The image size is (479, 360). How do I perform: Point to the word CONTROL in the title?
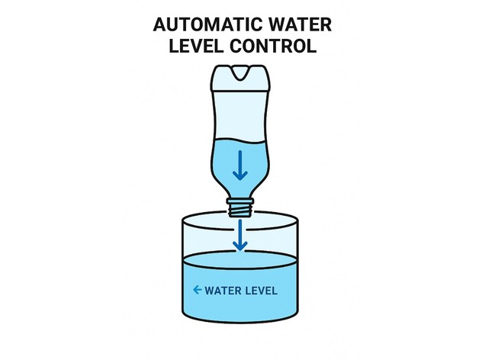pos(275,45)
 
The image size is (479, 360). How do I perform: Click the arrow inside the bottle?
pos(240,164)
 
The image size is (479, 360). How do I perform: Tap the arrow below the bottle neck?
pos(240,235)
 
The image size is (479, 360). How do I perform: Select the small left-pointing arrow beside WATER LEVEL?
pos(198,290)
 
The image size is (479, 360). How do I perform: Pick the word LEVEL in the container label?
pos(261,291)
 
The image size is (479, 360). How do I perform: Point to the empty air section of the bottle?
pos(239,118)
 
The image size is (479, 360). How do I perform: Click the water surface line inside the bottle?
pos(239,142)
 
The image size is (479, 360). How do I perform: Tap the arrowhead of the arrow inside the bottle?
pos(240,175)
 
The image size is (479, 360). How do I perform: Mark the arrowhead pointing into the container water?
pos(240,246)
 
